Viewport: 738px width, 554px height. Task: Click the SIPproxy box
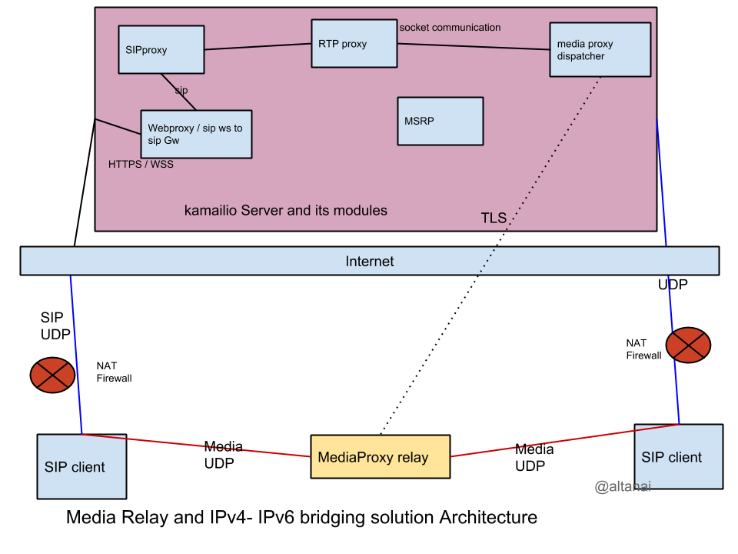point(161,50)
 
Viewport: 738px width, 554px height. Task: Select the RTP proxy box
point(354,44)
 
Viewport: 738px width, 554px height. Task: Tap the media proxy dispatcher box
point(600,50)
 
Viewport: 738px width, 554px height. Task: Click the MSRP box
point(440,121)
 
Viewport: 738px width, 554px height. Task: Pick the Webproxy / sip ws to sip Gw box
point(195,134)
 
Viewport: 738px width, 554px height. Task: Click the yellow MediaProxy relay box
point(380,457)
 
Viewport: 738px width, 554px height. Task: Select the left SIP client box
point(81,466)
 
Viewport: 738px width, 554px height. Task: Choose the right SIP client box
point(678,457)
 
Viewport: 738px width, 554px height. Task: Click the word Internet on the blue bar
point(369,262)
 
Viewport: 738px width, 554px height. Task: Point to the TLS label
point(494,218)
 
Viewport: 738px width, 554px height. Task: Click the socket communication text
point(450,28)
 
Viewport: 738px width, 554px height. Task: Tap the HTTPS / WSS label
point(141,165)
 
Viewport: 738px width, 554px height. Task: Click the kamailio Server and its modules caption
point(285,210)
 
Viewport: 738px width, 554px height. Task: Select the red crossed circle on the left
point(52,375)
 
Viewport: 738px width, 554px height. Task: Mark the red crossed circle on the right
point(687,345)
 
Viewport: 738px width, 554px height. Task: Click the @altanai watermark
point(623,487)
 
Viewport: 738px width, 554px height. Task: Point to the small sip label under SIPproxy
point(181,91)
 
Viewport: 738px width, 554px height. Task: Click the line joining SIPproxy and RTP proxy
point(258,47)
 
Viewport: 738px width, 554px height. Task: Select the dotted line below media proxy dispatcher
point(553,154)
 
